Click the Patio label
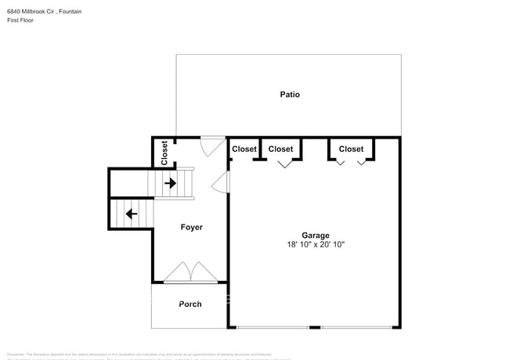point(290,95)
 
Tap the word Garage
point(316,235)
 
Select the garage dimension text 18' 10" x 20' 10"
point(316,245)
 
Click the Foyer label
point(191,228)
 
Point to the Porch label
point(190,304)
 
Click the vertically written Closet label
point(164,153)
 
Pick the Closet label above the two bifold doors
point(351,149)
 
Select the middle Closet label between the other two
point(280,149)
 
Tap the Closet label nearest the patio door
point(244,149)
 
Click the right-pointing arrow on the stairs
point(170,184)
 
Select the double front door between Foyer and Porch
point(190,273)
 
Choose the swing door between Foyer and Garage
point(222,183)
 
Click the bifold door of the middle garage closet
point(284,163)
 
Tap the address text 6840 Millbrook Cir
point(34,12)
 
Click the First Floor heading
point(22,21)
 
